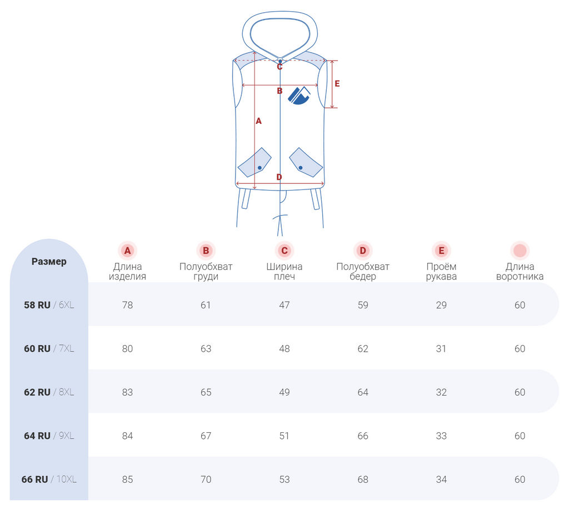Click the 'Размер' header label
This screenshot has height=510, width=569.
[49, 262]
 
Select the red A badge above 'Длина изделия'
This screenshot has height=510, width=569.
[127, 251]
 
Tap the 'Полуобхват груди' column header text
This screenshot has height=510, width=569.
[206, 271]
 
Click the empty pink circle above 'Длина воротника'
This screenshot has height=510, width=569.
[520, 251]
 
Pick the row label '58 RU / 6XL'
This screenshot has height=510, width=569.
[49, 305]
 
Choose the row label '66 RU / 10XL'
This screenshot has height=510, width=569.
[49, 479]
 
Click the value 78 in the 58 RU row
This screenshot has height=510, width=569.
[127, 305]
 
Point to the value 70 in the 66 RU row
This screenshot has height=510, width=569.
[206, 479]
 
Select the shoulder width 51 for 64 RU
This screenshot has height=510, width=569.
[284, 436]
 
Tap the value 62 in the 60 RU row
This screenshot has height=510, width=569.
[363, 348]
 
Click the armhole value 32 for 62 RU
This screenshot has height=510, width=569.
[441, 392]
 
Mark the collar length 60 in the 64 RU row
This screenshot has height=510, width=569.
[520, 436]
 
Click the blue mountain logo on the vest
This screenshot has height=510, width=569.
[299, 96]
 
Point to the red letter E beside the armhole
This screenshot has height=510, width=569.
[337, 84]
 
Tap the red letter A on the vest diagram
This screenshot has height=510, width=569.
[258, 121]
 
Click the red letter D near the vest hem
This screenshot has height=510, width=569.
[279, 177]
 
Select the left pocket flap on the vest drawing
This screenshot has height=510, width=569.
[254, 163]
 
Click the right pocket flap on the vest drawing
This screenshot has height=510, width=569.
[306, 163]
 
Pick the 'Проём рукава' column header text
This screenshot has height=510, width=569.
[441, 271]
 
